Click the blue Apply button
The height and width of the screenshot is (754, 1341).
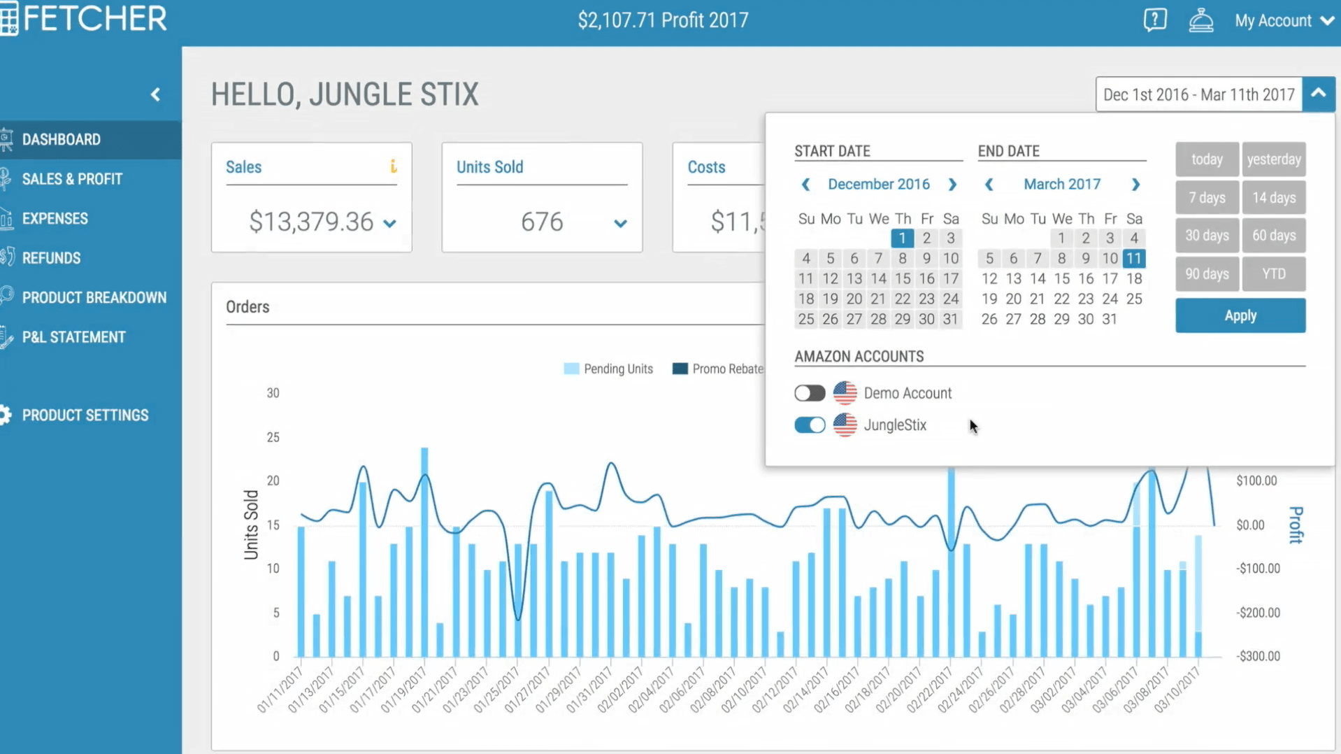tap(1240, 315)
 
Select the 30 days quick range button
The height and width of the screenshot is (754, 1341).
tap(1207, 236)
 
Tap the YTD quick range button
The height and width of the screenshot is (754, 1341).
tap(1273, 273)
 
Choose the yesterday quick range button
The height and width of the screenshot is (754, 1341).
tap(1273, 159)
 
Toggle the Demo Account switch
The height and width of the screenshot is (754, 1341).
tap(810, 393)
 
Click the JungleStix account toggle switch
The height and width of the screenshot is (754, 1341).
tap(810, 425)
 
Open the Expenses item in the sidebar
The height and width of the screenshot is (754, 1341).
tap(55, 219)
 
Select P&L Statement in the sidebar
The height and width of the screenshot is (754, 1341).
tap(73, 337)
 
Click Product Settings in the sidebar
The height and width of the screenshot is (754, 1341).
tap(85, 415)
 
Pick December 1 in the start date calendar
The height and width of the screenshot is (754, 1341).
tap(902, 239)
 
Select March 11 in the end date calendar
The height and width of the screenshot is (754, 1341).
tap(1133, 259)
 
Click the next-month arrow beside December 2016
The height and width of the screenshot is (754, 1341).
tap(952, 185)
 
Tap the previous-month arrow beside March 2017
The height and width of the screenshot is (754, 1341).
tap(989, 185)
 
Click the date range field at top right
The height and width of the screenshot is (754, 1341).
tap(1198, 94)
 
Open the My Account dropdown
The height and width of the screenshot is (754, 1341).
tap(1283, 21)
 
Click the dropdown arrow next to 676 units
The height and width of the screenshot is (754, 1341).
tap(620, 224)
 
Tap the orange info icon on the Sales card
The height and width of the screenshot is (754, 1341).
tap(393, 166)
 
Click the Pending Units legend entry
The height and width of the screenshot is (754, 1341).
tap(608, 369)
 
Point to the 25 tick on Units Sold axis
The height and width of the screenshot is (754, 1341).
tap(273, 437)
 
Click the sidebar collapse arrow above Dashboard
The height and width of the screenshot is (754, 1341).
tap(155, 94)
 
